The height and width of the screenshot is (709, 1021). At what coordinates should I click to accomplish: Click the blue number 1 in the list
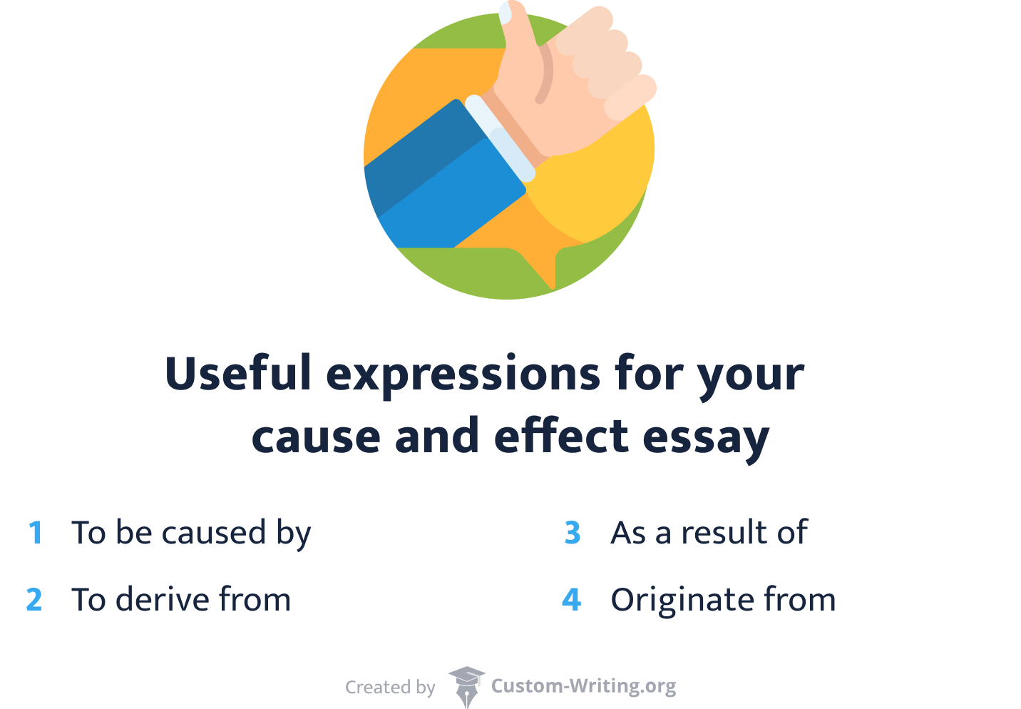pos(36,533)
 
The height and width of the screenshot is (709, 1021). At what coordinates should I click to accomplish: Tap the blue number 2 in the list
pos(34,600)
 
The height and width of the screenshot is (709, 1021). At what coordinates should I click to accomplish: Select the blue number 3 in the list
pos(573,533)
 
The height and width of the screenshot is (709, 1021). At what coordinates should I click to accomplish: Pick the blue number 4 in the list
pos(572,600)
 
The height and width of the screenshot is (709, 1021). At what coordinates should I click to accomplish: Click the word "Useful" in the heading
pos(238,373)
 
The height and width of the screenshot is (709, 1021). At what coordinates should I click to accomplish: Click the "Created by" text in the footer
pos(390,687)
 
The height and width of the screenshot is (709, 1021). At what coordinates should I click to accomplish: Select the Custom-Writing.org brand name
pos(583,686)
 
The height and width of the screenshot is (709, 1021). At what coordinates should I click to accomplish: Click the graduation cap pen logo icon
pos(466,686)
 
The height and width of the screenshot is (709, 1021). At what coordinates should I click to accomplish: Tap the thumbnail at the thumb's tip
pos(506,13)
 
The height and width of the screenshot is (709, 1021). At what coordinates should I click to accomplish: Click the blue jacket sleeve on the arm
pos(449,185)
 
